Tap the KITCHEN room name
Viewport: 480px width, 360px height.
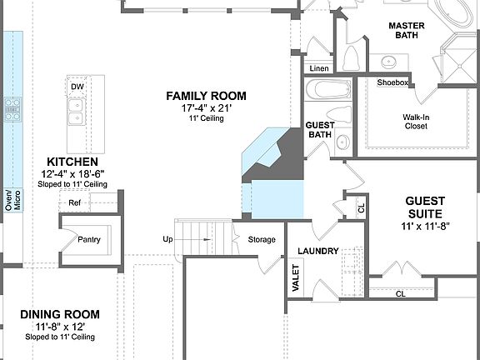72,161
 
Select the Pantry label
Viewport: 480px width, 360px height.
89,240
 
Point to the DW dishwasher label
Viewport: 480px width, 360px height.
77,86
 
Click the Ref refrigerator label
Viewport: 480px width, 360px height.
75,202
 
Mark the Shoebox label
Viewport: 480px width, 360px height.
392,82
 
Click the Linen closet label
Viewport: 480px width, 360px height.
319,67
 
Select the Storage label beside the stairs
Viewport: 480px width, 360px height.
262,240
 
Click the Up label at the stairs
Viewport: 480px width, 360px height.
167,240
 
